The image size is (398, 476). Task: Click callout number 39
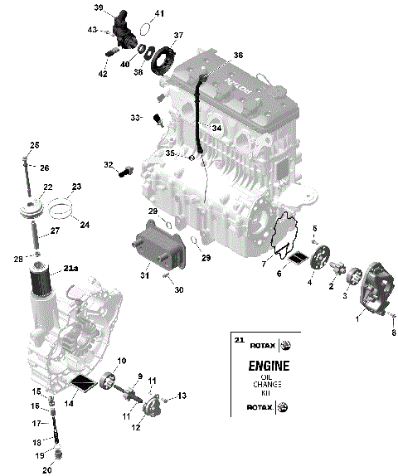[99, 8]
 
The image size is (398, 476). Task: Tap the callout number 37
[177, 36]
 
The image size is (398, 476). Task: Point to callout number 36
[238, 55]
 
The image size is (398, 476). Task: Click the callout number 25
[34, 146]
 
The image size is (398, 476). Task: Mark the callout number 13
[182, 396]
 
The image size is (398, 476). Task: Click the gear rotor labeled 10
[107, 381]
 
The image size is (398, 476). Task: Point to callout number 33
[136, 119]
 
